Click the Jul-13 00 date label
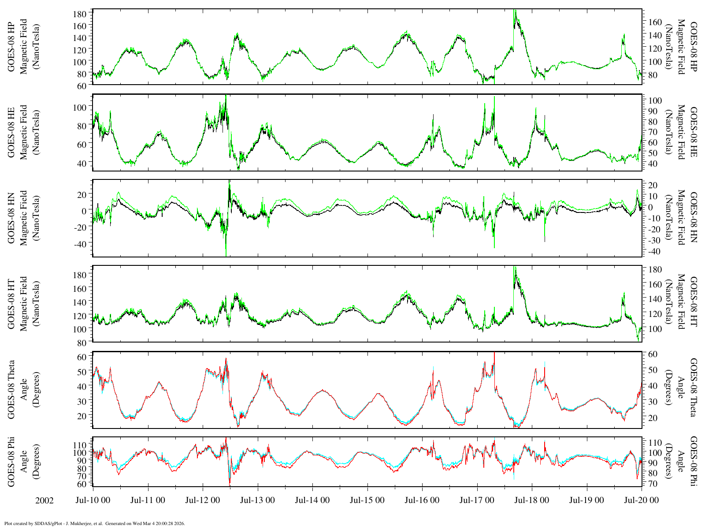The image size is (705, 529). [x=257, y=500]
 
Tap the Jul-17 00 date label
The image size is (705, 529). [x=477, y=500]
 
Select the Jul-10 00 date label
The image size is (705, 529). [x=93, y=500]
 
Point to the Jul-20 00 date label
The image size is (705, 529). [x=641, y=500]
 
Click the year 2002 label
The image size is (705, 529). [x=45, y=501]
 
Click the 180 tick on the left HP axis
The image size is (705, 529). [x=80, y=14]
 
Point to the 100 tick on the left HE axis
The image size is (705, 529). [x=80, y=107]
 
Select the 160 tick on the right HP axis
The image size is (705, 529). [x=653, y=22]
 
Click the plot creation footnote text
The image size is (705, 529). [x=94, y=524]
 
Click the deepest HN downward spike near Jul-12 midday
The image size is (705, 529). [x=226, y=254]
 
